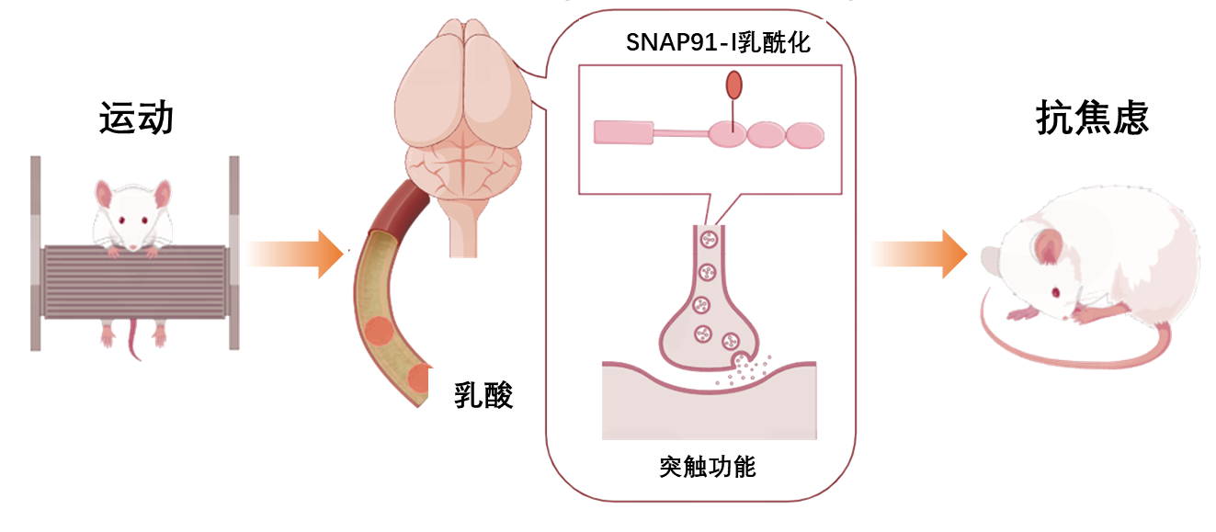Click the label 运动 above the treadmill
pyautogui.click(x=136, y=118)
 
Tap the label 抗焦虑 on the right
pyautogui.click(x=1092, y=118)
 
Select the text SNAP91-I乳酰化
pyautogui.click(x=718, y=42)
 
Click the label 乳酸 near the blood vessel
pyautogui.click(x=483, y=395)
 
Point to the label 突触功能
pyautogui.click(x=708, y=467)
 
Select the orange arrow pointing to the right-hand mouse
pyautogui.click(x=919, y=255)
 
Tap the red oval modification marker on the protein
pyautogui.click(x=734, y=85)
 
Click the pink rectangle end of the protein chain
pyautogui.click(x=623, y=132)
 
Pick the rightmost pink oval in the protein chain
pyautogui.click(x=805, y=135)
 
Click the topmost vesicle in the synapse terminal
pyautogui.click(x=709, y=239)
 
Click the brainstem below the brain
pyautogui.click(x=463, y=228)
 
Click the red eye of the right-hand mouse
pyautogui.click(x=1056, y=292)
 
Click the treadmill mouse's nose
pyautogui.click(x=133, y=247)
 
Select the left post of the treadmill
pyautogui.click(x=35, y=253)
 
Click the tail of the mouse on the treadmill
pyautogui.click(x=133, y=340)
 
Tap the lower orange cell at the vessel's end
pyautogui.click(x=419, y=379)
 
